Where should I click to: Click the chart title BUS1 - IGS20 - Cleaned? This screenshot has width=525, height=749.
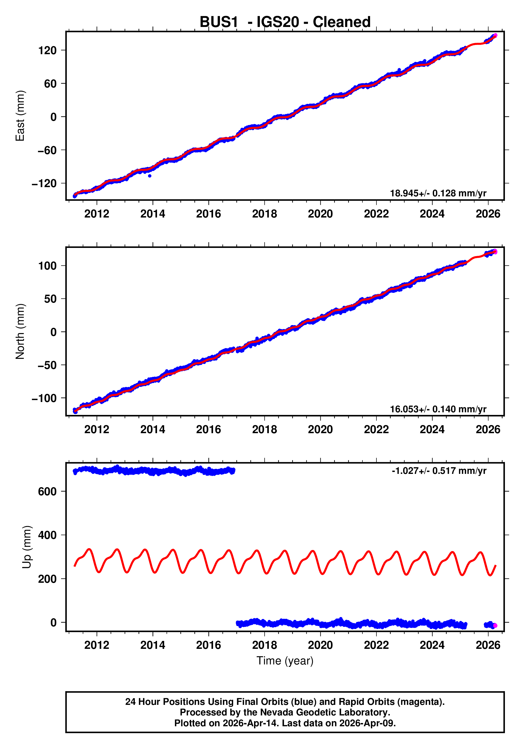click(285, 22)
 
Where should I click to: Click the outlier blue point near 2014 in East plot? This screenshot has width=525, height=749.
click(149, 176)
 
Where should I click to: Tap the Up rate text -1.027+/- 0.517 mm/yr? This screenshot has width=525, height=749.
click(439, 471)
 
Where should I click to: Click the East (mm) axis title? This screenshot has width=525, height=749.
click(20, 116)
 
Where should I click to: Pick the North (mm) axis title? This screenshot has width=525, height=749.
click(20, 331)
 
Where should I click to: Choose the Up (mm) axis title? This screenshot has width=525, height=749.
click(27, 547)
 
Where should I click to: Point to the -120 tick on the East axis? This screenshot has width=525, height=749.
click(44, 184)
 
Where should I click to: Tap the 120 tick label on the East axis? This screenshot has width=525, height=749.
click(47, 50)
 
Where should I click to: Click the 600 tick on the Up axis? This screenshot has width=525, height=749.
click(47, 492)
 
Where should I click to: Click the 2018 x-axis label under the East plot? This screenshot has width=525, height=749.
click(264, 214)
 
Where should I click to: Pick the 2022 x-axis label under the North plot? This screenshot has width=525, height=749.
click(376, 430)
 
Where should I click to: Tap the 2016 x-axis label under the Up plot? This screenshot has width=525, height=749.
click(209, 645)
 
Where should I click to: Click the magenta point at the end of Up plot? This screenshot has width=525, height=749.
click(495, 625)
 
